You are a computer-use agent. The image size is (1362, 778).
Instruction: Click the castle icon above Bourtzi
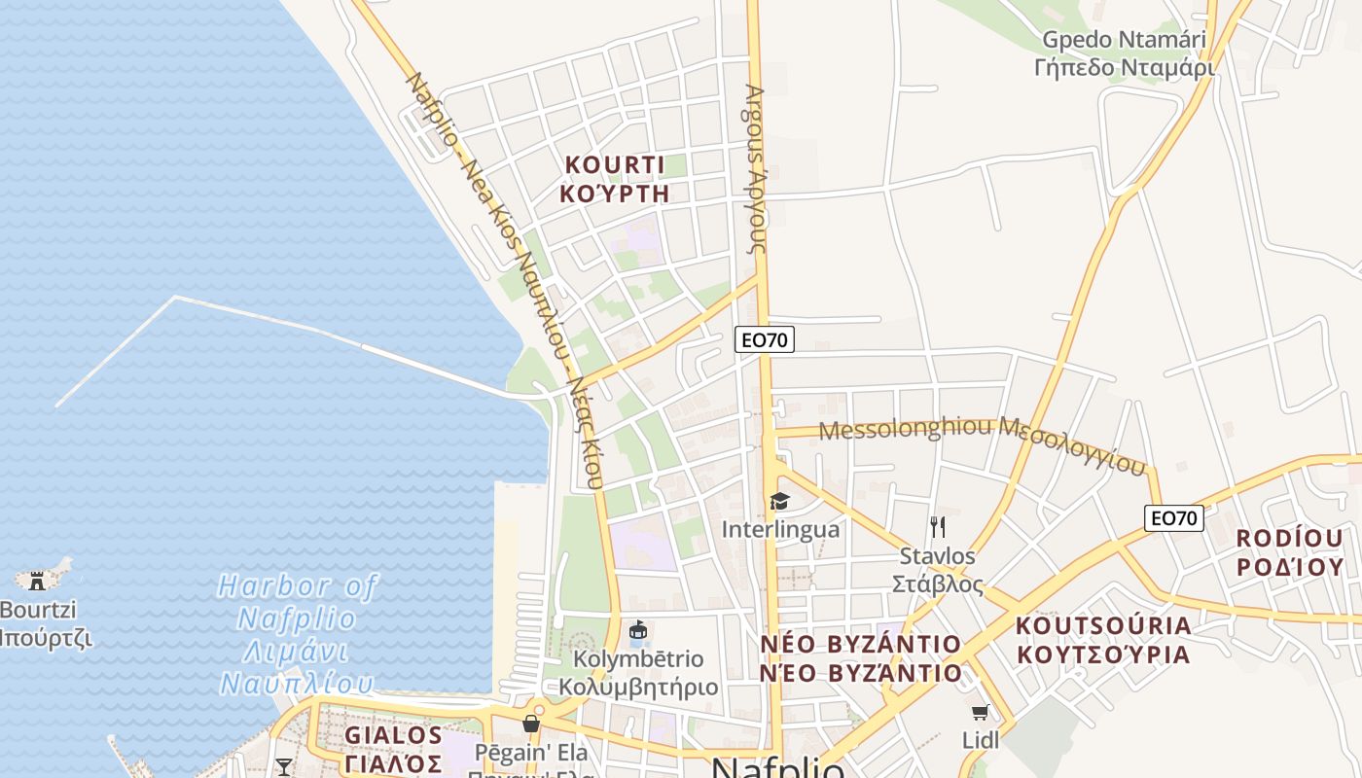coord(38,581)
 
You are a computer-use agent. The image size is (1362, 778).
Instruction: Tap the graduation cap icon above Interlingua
coord(779,502)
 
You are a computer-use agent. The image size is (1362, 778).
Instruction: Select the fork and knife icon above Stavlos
coord(938,527)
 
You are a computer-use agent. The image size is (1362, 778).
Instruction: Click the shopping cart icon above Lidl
coord(980,713)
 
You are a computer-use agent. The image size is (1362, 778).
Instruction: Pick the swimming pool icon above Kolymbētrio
coord(638,631)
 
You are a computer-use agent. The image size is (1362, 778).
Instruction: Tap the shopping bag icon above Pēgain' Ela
coord(530,724)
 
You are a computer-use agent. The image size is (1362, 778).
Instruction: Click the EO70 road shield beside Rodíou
coord(1174,518)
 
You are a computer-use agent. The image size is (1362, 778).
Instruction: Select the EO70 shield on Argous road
coord(765,339)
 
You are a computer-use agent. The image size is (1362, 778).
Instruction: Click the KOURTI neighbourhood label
coord(614,178)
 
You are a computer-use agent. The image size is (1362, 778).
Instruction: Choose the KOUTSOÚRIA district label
coord(1103,639)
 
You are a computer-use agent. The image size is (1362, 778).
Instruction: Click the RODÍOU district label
coord(1289,552)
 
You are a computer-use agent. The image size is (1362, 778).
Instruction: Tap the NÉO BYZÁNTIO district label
coord(860,658)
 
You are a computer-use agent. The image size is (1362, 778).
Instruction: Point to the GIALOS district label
coord(393,749)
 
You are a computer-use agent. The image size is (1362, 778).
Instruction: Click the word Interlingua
coord(780,530)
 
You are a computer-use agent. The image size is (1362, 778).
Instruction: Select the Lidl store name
coord(981,740)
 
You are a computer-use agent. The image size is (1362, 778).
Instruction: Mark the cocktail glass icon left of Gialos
coord(283,767)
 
